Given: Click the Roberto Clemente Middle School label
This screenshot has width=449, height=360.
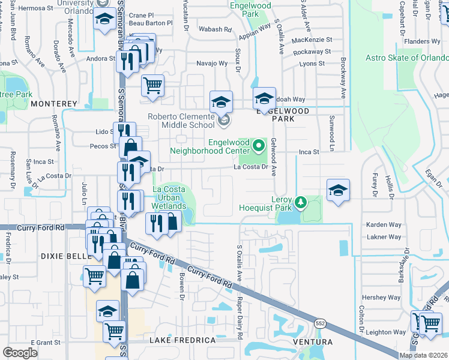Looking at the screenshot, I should [x=188, y=121].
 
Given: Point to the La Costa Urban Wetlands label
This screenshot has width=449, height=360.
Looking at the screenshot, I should [x=173, y=197].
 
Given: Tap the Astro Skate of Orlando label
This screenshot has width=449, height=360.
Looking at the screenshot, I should [x=407, y=58].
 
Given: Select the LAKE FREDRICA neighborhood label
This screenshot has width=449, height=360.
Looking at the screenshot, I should [x=182, y=340].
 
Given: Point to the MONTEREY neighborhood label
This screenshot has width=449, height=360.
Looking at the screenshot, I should [x=54, y=104].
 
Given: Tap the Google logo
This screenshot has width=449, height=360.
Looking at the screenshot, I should [x=20, y=353].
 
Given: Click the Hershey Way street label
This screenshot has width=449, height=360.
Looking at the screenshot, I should [x=385, y=297].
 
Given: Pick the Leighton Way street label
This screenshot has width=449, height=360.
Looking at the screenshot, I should [x=386, y=332].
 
